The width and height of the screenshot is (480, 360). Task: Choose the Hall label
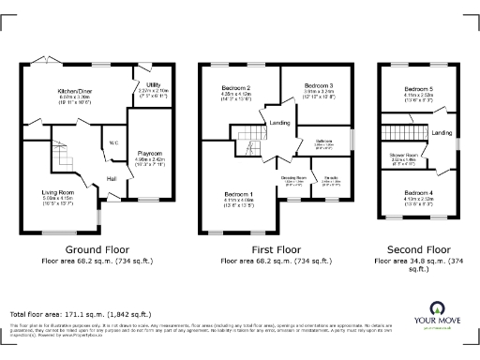[111, 177]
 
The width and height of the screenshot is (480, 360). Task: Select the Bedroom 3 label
[319, 85]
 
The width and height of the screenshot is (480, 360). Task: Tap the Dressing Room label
[293, 177]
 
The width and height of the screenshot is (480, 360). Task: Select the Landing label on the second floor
[442, 134]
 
